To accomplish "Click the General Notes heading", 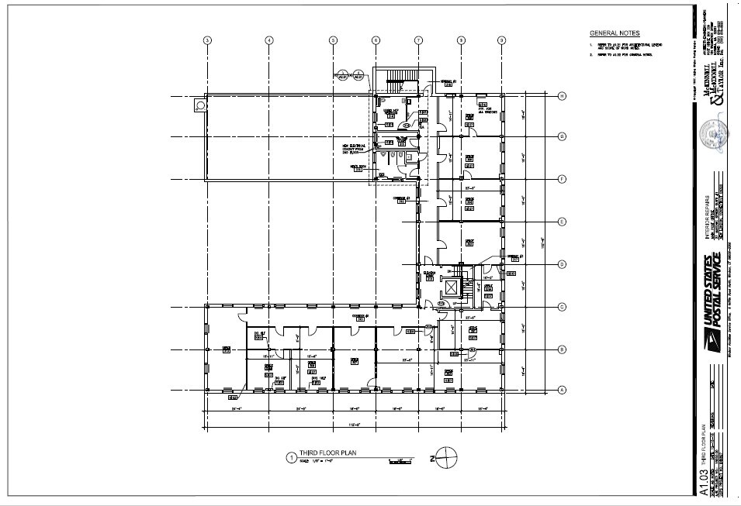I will [615, 34].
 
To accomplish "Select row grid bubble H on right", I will [561, 96].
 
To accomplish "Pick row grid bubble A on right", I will [561, 390].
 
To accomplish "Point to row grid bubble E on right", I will [561, 222].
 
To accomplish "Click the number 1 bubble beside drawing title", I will [291, 457].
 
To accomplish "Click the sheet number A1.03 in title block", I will [704, 481].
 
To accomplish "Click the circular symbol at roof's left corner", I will [199, 103].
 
